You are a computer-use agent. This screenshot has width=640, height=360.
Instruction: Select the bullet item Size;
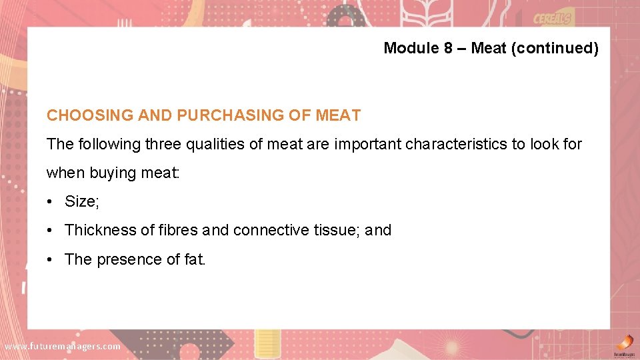(x=81, y=201)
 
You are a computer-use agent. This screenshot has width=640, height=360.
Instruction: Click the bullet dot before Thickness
(x=50, y=231)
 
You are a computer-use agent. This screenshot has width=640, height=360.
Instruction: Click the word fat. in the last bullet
(x=195, y=259)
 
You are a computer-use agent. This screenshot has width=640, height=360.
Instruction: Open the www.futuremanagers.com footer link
(x=62, y=347)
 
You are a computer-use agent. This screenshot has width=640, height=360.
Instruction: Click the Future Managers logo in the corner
(x=623, y=345)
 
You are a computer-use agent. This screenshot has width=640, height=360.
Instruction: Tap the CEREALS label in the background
(x=552, y=19)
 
